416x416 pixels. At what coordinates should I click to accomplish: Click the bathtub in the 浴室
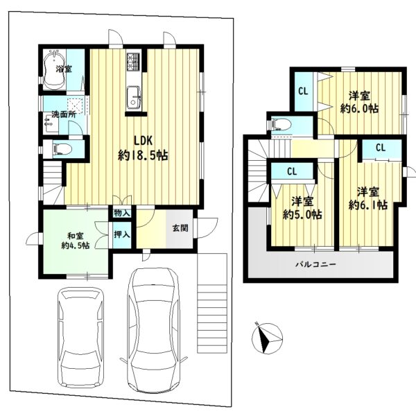pos(55,69)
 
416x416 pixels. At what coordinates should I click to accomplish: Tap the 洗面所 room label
pos(64,114)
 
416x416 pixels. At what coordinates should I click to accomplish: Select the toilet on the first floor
pos(62,148)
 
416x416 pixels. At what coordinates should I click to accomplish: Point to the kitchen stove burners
pos(133,62)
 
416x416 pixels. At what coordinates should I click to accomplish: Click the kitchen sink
pos(134,97)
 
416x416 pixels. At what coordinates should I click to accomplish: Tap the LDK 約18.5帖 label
pos(143,148)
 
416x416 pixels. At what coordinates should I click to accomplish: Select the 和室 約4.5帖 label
pos(76,241)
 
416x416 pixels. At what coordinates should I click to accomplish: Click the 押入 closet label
pos(122,234)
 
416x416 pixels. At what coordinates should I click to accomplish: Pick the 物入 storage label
pos(122,213)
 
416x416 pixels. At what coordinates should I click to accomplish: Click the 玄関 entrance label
pos(180,227)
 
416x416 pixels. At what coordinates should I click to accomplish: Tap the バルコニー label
pos(316,264)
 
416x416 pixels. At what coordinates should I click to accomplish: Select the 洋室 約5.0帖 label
pos(302,208)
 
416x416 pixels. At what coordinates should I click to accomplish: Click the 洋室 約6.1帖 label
pos(368,198)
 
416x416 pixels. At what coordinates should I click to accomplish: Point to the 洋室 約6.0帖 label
pos(359,102)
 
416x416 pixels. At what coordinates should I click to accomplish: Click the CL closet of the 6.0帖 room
pos(303,92)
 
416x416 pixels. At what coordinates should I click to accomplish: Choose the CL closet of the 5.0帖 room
pos(292,171)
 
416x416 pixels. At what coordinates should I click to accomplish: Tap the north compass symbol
pos(267,338)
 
